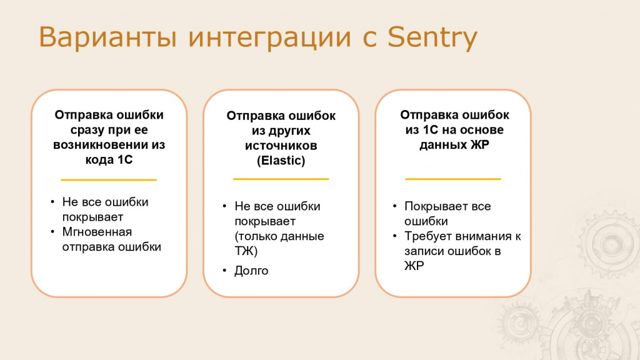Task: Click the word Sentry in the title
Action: (432, 38)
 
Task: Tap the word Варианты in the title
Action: (108, 37)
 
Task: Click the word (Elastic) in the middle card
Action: (281, 161)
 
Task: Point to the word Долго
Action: (251, 271)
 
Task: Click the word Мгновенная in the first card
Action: (97, 232)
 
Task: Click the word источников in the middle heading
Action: (281, 146)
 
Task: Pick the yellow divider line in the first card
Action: (109, 179)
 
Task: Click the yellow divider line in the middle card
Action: (281, 179)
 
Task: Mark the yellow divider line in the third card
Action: (453, 179)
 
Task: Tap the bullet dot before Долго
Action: (224, 270)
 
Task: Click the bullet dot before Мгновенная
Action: (52, 231)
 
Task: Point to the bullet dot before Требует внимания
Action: (395, 236)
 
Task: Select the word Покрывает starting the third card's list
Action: (436, 206)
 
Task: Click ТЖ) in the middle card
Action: (246, 251)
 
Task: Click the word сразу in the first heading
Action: (86, 131)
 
